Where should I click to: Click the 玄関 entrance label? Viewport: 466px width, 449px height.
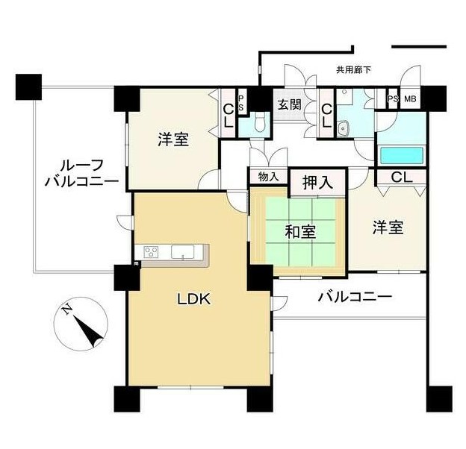[289, 104]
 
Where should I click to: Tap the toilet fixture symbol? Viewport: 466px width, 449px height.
[260, 123]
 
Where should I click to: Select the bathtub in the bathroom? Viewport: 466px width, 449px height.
[402, 155]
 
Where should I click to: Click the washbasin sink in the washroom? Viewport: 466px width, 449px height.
[344, 128]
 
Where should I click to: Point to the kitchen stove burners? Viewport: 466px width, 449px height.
[151, 252]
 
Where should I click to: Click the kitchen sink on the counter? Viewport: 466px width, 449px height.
[182, 251]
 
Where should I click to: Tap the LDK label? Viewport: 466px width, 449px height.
[194, 299]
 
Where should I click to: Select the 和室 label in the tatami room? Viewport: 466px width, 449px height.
[300, 231]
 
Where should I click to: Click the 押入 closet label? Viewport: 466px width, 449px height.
[317, 182]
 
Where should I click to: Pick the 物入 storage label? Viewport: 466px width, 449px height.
[268, 177]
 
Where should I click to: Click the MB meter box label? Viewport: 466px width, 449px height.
[410, 98]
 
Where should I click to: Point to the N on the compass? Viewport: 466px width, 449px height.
[67, 310]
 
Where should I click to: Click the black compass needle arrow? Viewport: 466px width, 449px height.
[88, 331]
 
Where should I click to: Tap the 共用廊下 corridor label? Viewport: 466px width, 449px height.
[353, 70]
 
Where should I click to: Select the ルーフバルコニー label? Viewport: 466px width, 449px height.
[82, 173]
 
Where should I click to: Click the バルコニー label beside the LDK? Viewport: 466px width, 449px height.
[355, 296]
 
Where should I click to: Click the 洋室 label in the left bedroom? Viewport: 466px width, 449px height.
[173, 139]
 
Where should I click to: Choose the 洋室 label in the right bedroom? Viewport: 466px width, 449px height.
[388, 227]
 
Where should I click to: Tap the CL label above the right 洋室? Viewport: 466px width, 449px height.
[402, 178]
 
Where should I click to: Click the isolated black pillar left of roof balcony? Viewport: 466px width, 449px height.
[28, 87]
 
